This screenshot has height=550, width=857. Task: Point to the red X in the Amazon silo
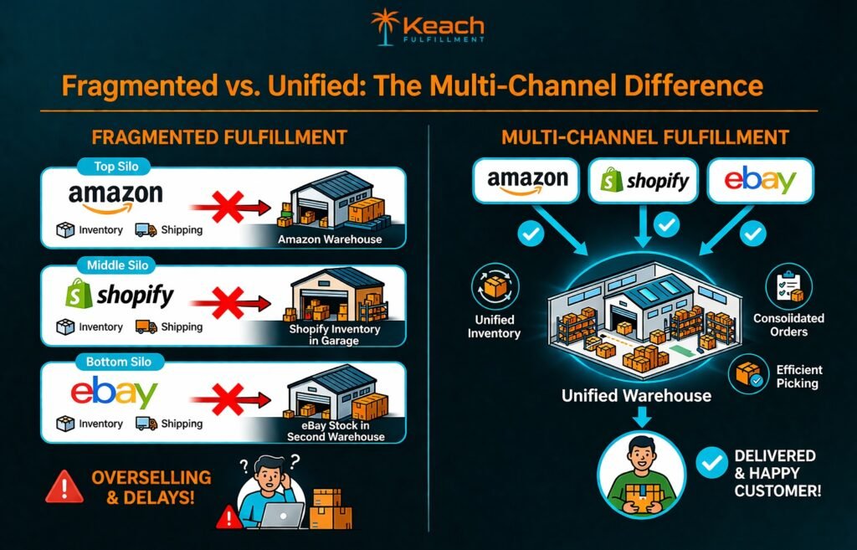pos(225,206)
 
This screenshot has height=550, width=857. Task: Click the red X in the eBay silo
pos(225,399)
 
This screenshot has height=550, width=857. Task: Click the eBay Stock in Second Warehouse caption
pos(336,431)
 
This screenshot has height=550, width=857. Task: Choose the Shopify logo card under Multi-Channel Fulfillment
pos(644,180)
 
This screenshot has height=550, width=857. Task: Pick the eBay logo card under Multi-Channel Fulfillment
pos(760,180)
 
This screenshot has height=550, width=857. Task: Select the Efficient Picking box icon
pos(749,376)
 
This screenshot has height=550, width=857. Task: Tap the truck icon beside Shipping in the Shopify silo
pos(146,326)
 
